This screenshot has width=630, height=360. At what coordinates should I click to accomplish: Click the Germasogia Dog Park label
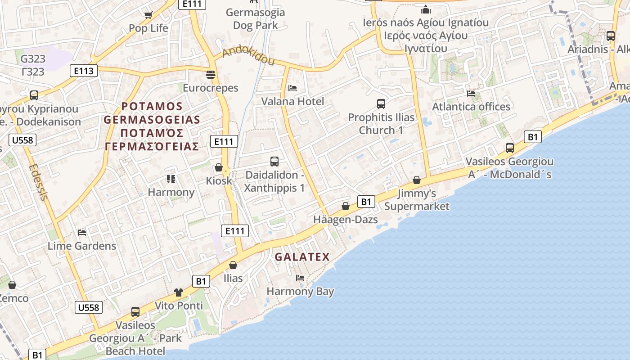(255, 19)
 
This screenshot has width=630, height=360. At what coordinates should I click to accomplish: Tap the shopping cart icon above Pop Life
(148, 15)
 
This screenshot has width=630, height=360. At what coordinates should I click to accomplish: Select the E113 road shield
(84, 71)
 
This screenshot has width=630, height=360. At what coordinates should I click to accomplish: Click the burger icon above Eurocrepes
(211, 74)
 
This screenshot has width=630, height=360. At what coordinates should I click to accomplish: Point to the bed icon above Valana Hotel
(292, 88)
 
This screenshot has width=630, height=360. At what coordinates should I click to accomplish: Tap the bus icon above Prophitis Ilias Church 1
(381, 104)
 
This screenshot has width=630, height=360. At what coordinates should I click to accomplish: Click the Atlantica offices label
(471, 107)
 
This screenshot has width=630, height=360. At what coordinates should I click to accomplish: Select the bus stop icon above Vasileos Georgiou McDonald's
(510, 148)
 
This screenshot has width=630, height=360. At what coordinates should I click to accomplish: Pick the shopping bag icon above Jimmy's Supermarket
(417, 180)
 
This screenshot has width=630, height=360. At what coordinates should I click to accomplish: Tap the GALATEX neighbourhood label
(302, 257)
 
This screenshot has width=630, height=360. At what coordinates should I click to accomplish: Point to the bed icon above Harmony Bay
(300, 278)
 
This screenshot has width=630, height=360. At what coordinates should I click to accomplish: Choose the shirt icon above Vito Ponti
(179, 292)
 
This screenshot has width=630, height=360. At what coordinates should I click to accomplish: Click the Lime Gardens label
(82, 246)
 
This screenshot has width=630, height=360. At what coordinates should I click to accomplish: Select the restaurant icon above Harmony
(171, 179)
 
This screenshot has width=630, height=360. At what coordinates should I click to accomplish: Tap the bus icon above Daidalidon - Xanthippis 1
(274, 161)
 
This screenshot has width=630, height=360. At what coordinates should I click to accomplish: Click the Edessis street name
(38, 182)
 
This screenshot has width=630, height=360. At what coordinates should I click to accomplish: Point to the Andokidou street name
(248, 56)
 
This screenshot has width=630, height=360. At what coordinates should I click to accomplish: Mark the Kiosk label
(219, 181)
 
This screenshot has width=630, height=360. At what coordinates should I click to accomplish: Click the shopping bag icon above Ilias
(233, 265)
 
